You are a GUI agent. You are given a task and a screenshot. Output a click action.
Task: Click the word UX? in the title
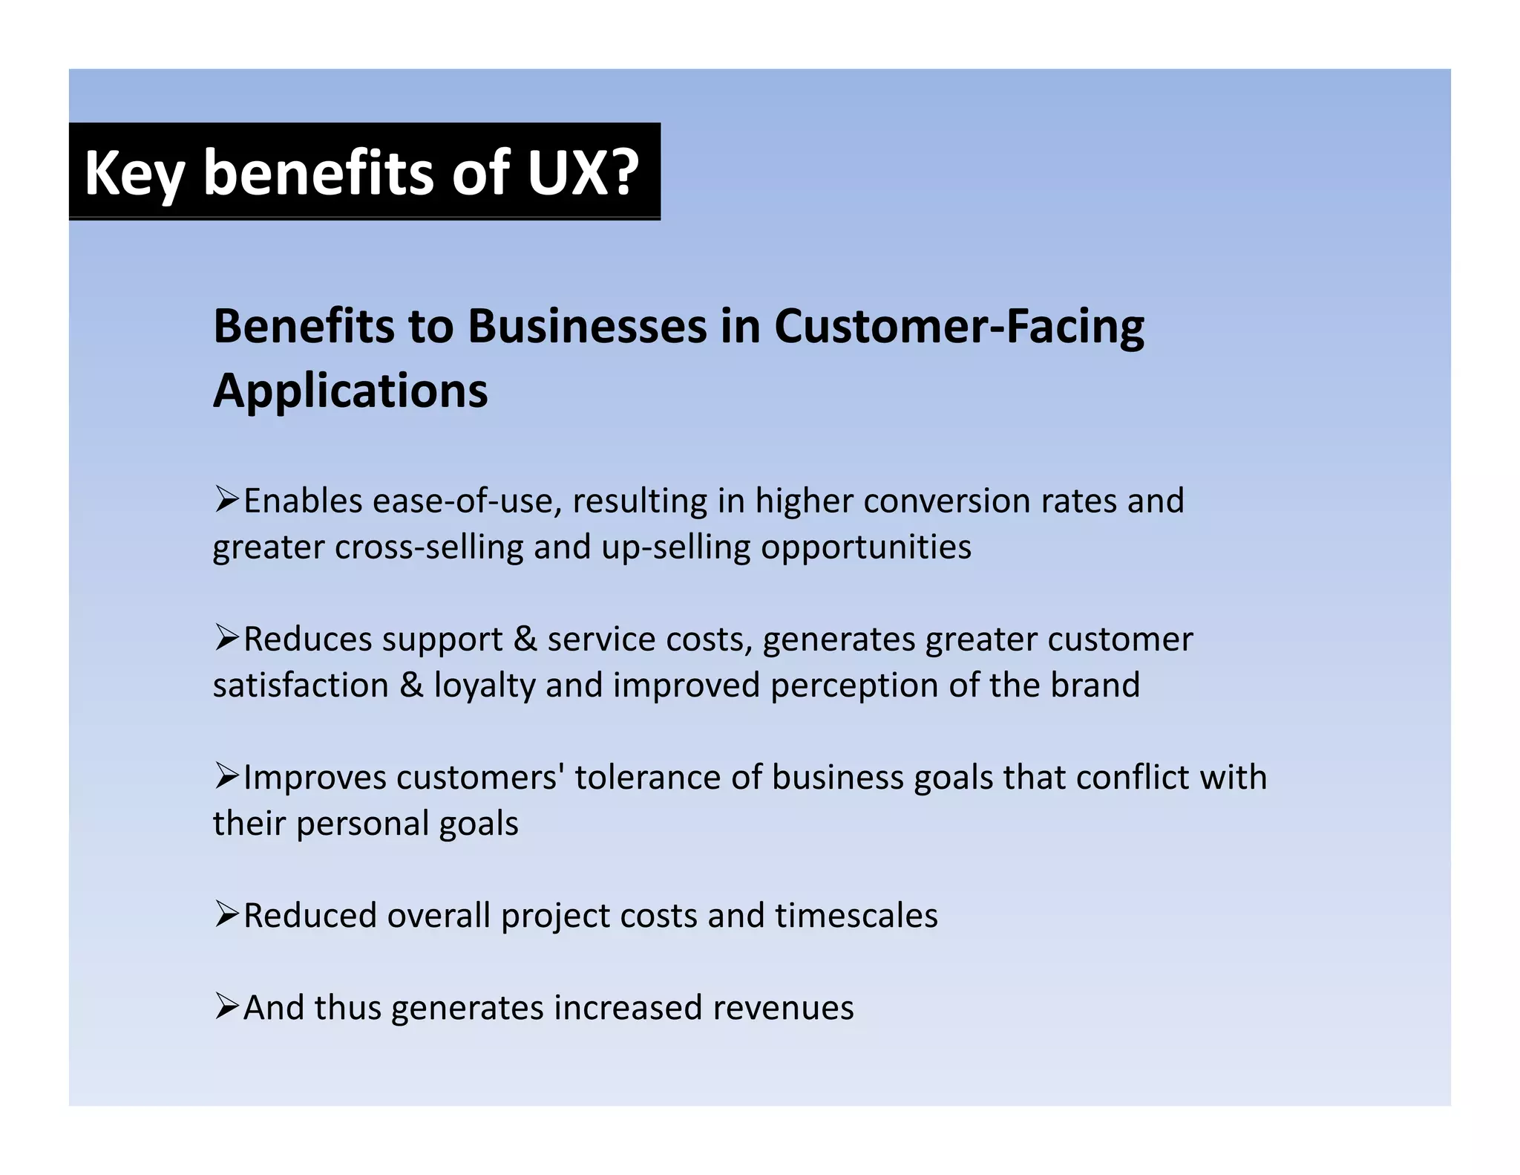click(x=583, y=172)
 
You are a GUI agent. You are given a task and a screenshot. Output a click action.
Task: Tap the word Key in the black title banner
click(x=134, y=174)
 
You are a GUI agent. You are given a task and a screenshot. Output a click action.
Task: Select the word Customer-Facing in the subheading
click(x=959, y=327)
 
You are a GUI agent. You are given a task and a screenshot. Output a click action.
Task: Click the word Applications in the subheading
click(x=350, y=391)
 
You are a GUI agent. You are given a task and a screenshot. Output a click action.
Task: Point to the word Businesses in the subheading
click(x=587, y=327)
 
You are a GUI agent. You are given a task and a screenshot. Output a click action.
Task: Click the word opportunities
click(x=866, y=547)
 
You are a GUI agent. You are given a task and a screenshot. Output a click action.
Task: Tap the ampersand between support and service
click(x=525, y=639)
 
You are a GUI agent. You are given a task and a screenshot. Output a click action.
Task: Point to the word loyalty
click(x=485, y=686)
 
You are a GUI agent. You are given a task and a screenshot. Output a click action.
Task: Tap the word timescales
click(x=856, y=916)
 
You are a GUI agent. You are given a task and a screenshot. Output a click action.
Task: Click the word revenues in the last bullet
click(x=783, y=1008)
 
